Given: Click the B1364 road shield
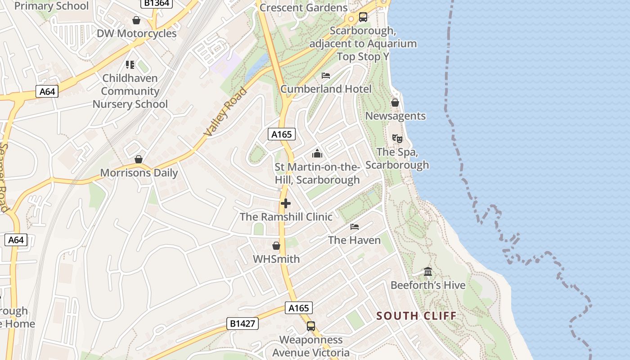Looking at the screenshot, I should point(156,3).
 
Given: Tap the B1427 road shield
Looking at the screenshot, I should point(243,323).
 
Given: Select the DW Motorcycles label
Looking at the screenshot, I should point(137,33).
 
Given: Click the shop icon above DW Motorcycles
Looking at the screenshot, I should point(136,20).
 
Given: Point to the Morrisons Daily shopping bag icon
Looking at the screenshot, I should point(139,159).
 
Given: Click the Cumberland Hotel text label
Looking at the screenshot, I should point(326,89).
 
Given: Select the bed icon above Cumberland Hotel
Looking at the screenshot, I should point(326,76).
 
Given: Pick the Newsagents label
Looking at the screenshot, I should point(395,116).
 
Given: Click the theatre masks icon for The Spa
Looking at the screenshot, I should point(397,138).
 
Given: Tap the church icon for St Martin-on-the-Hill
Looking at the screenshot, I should point(317,154).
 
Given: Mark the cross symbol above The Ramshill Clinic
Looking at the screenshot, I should point(286,203).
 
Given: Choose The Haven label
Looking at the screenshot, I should point(355,240).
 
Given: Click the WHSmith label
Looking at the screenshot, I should point(276,259).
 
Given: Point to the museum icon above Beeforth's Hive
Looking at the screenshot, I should point(428,272).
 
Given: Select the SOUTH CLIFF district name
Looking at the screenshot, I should point(416,315).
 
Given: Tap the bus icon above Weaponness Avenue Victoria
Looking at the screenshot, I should point(311,326).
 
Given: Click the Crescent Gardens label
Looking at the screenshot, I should point(304,8).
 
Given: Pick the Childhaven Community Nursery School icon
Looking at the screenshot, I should point(130,65).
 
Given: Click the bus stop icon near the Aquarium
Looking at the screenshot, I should point(363,17).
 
